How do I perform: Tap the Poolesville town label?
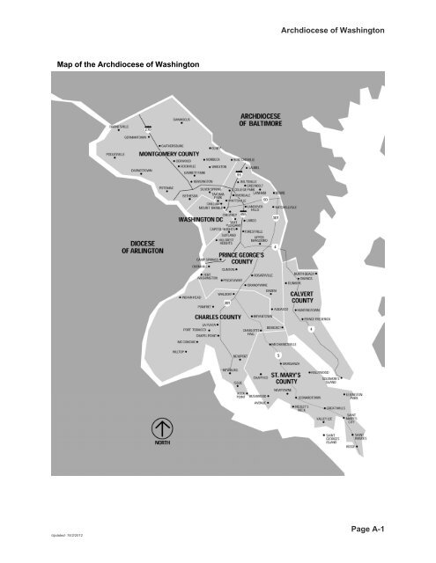tap(120, 153)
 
